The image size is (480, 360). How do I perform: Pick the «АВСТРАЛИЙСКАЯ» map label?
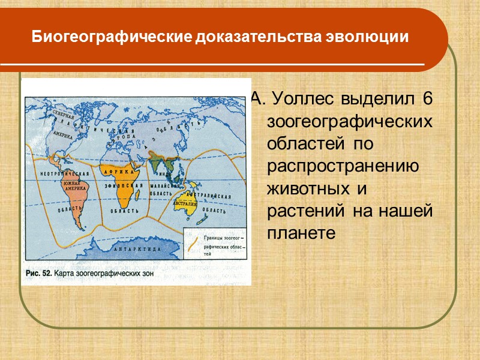[211, 196]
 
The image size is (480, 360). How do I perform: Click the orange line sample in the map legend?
[193, 242]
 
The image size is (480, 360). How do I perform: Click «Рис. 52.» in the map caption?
[38, 273]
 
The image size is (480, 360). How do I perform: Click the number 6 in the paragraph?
[427, 98]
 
